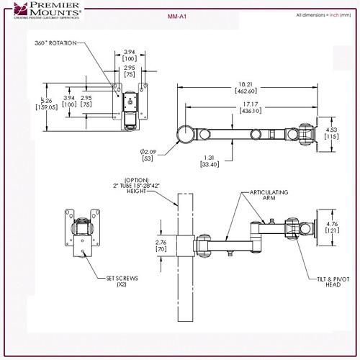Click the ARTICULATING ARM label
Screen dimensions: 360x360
click(267, 197)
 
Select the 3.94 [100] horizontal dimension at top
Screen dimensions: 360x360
click(130, 55)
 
